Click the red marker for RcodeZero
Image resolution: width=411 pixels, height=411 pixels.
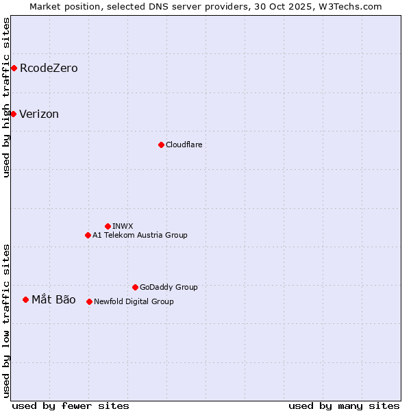14,68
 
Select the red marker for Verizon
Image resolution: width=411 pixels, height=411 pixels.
13,114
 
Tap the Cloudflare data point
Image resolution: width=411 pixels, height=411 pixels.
161,145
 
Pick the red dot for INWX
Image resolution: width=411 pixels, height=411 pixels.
108,226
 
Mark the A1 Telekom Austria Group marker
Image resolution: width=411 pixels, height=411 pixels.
88,235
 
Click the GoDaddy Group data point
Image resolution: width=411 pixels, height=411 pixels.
135,287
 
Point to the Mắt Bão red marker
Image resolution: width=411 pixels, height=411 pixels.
25,299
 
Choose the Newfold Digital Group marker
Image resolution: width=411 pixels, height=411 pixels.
89,301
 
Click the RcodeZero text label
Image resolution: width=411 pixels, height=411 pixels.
49,68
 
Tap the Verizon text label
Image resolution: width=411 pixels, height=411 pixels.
39,114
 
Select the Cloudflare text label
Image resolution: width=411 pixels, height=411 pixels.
184,145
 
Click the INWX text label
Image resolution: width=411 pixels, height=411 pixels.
123,226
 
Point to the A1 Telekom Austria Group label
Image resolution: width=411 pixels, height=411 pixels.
140,235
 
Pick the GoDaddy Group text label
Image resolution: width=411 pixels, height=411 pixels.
169,287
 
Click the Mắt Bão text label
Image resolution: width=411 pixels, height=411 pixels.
53,299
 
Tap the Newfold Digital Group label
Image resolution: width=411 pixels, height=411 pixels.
134,301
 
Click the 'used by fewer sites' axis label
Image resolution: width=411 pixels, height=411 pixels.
71,406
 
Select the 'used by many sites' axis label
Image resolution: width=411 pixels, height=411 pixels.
344,406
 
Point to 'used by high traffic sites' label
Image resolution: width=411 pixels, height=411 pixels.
6,97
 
